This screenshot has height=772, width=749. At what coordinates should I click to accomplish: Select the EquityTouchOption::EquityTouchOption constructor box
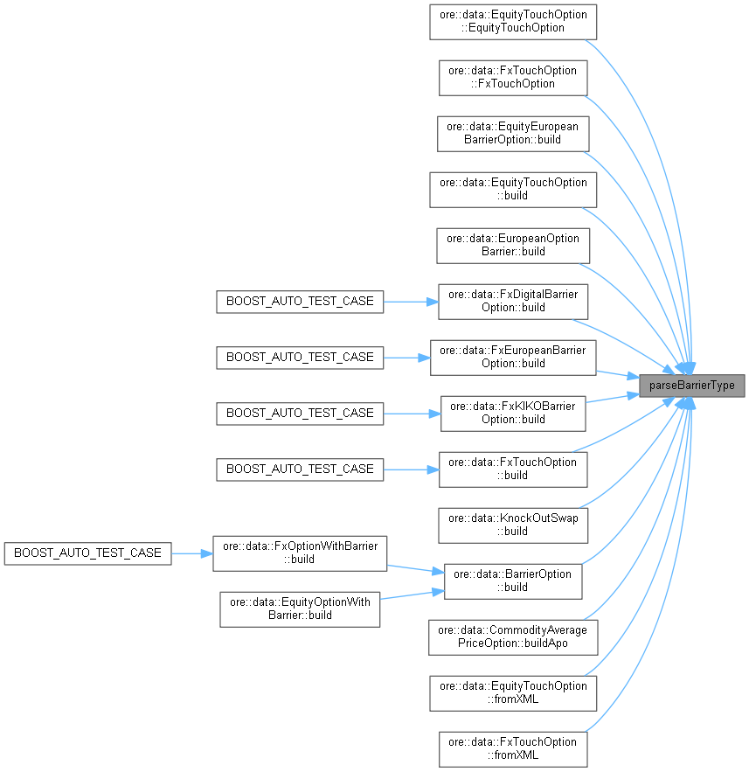click(513, 21)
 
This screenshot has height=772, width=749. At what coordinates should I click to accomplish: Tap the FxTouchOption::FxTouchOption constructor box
click(513, 77)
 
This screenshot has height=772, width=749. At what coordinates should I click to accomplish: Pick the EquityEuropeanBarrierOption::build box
click(513, 133)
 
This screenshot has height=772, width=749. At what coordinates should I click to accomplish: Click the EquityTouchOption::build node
click(513, 189)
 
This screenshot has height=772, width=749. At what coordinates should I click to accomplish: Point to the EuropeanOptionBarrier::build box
click(513, 245)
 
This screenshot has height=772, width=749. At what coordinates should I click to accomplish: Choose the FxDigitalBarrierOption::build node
click(513, 301)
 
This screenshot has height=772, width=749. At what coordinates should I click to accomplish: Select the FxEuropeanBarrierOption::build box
click(513, 357)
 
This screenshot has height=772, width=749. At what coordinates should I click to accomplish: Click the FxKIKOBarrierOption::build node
click(513, 413)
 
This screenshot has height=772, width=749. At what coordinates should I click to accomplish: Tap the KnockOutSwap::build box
click(513, 525)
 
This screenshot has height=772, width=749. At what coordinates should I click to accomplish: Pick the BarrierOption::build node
click(513, 581)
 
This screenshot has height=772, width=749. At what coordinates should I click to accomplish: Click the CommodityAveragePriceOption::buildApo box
click(513, 636)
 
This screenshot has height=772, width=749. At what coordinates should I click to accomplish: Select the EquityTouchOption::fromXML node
click(513, 692)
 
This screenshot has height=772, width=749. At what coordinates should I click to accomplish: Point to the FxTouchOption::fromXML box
click(513, 748)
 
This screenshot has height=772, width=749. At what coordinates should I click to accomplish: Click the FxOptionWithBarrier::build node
click(300, 553)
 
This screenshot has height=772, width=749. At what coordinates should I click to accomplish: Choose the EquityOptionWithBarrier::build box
click(300, 609)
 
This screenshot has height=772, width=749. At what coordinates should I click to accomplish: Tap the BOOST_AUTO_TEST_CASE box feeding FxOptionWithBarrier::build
click(87, 553)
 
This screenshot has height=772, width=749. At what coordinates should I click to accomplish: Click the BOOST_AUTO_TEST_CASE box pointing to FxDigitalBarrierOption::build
click(300, 301)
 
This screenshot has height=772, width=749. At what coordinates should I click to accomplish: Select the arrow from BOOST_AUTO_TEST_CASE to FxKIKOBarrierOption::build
click(412, 413)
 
